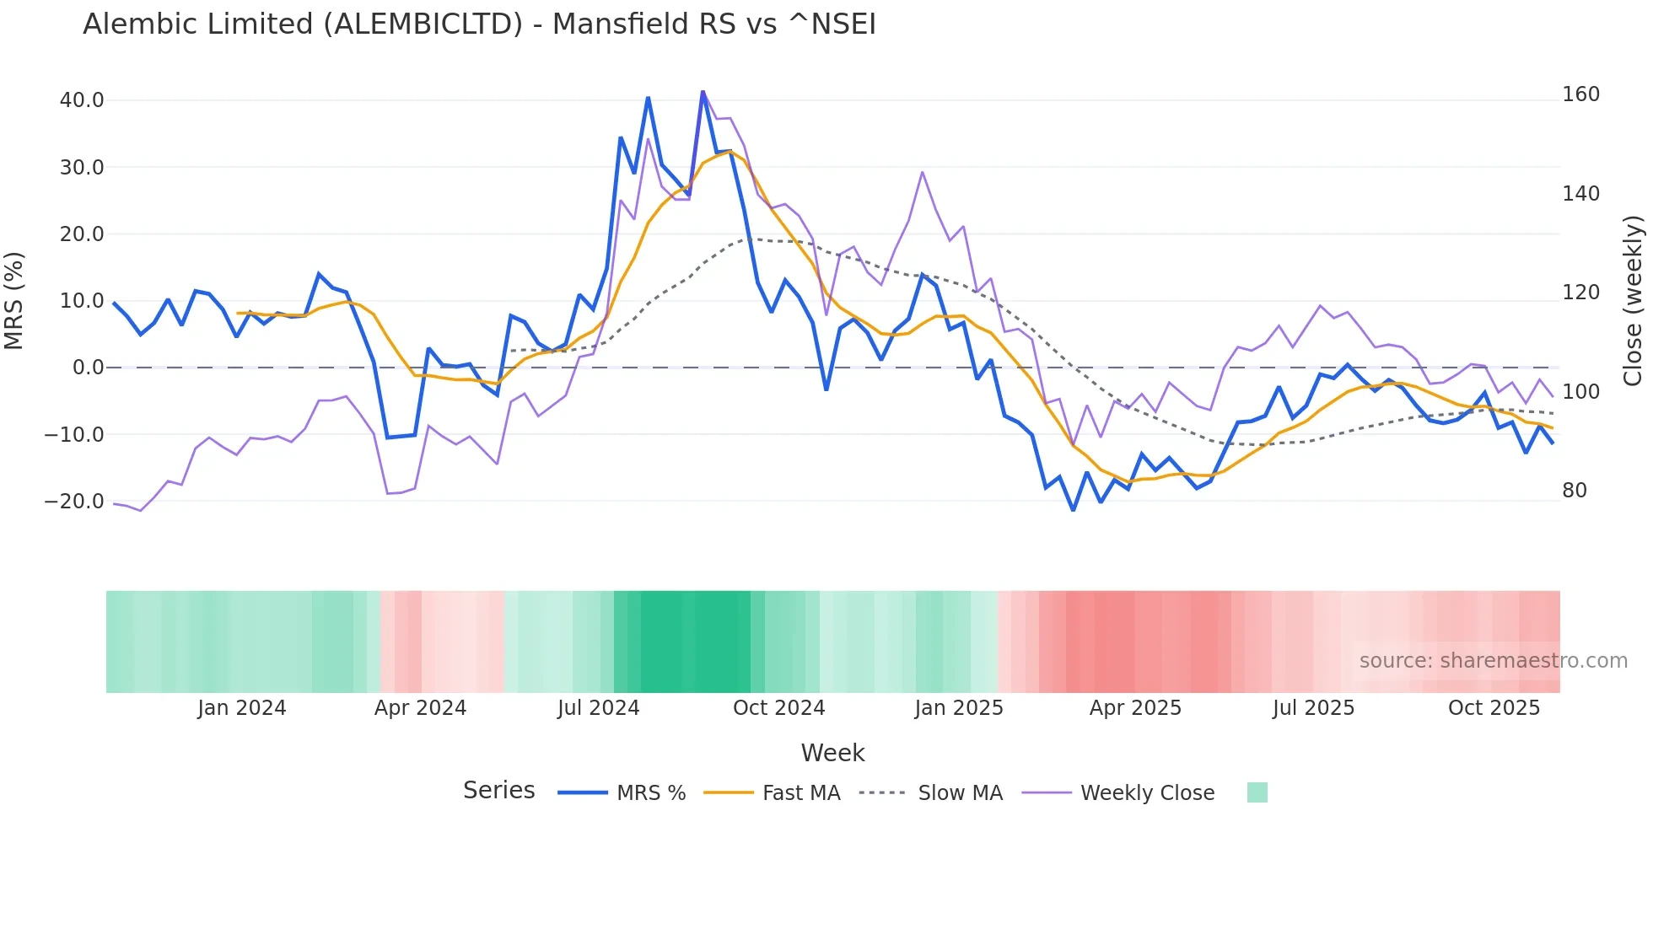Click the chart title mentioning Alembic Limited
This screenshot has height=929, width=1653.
click(x=479, y=24)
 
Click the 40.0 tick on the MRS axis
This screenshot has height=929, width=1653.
click(x=82, y=100)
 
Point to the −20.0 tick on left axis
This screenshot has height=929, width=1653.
click(x=74, y=502)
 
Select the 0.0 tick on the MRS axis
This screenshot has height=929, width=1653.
click(x=88, y=368)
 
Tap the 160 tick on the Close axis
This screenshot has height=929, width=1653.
click(x=1580, y=94)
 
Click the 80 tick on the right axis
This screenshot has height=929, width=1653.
click(x=1574, y=491)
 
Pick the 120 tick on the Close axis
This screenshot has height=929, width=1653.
click(x=1580, y=293)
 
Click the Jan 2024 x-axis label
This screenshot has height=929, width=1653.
click(x=242, y=708)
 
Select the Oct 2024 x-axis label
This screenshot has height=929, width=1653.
click(x=778, y=708)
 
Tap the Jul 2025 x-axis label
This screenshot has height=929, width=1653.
click(x=1313, y=708)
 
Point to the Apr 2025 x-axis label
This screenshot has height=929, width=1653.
click(x=1135, y=708)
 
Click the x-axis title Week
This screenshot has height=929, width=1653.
click(x=832, y=753)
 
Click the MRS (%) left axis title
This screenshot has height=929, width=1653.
click(x=14, y=301)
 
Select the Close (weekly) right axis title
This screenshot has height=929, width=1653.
click(x=1633, y=301)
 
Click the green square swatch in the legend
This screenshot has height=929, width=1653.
click(x=1257, y=792)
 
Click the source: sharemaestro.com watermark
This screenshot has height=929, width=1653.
click(x=1493, y=661)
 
